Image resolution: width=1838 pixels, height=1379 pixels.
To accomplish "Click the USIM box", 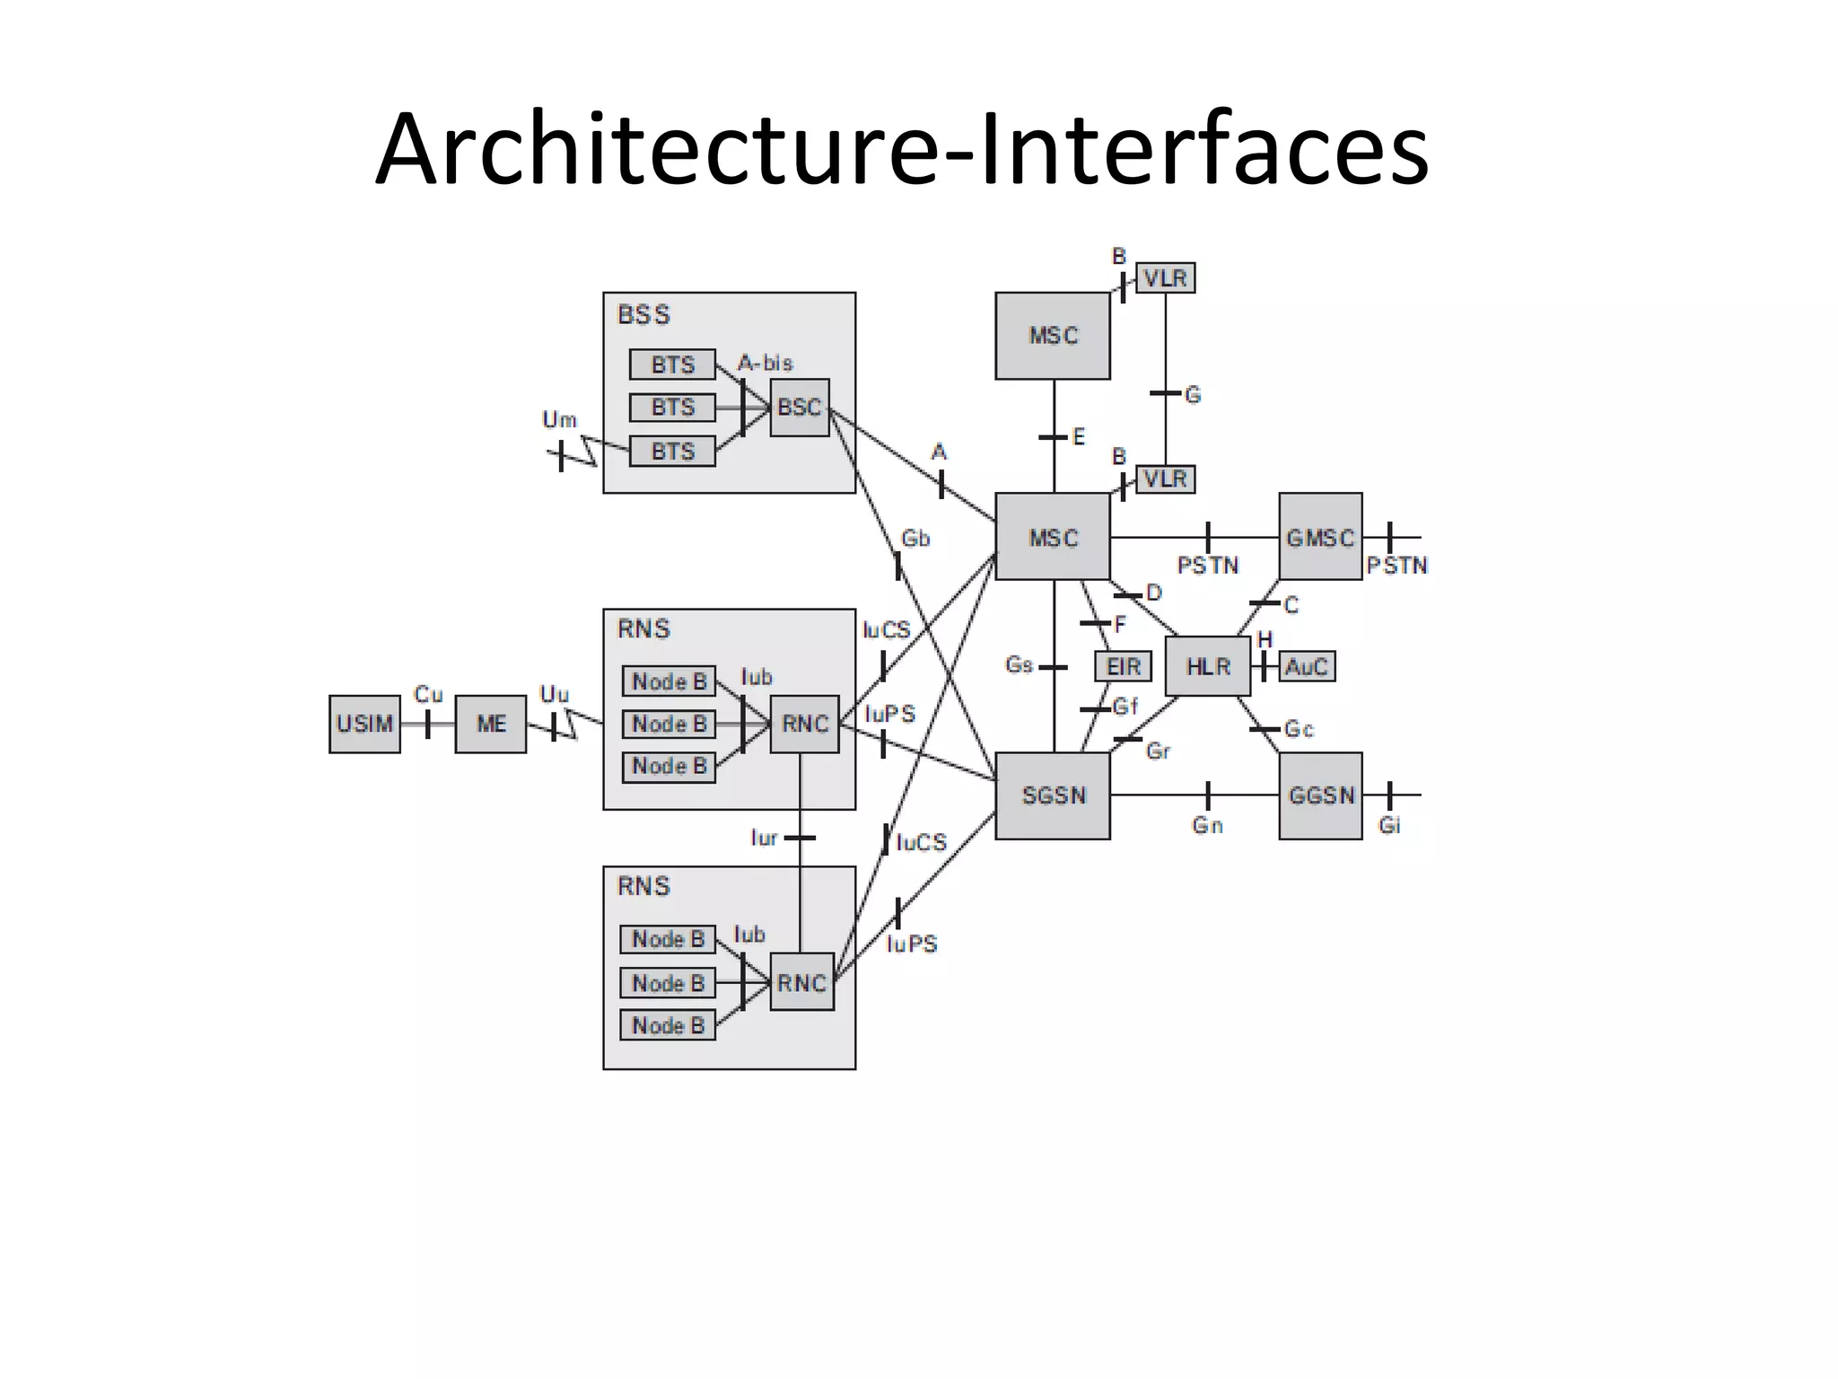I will (x=364, y=724).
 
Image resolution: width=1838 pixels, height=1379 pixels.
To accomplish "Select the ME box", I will (x=490, y=724).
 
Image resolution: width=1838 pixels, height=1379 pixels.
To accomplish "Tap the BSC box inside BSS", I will (x=799, y=408).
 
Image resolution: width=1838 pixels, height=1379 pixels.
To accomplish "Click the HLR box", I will (x=1207, y=666).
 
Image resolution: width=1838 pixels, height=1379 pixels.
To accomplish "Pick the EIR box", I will (x=1123, y=666).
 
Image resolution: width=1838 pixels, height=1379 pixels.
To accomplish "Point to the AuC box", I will (x=1306, y=666).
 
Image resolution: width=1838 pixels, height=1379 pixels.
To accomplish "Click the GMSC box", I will (x=1320, y=537).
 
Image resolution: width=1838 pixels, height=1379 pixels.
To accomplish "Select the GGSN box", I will (x=1320, y=795).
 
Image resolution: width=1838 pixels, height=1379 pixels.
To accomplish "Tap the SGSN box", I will (x=1053, y=795).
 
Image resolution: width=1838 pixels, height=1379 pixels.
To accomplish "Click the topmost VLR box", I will (x=1165, y=278).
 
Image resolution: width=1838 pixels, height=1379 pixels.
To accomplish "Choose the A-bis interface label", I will (x=765, y=363).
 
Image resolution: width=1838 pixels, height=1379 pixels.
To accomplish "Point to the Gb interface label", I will (x=915, y=539).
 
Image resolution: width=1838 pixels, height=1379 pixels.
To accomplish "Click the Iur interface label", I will (x=764, y=838).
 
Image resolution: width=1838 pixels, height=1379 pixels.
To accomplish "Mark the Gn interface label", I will (x=1207, y=825).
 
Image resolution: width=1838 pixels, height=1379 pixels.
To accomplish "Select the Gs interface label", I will (x=1020, y=665).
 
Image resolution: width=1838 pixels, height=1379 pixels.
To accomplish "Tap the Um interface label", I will (x=559, y=419).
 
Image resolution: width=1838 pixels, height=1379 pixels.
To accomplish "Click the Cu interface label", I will (x=428, y=694).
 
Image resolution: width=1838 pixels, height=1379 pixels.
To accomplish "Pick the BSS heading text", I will (x=643, y=315).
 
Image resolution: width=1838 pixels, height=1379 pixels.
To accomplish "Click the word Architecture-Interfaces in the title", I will (x=901, y=148).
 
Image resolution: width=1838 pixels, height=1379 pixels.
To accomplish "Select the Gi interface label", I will (x=1389, y=825).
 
